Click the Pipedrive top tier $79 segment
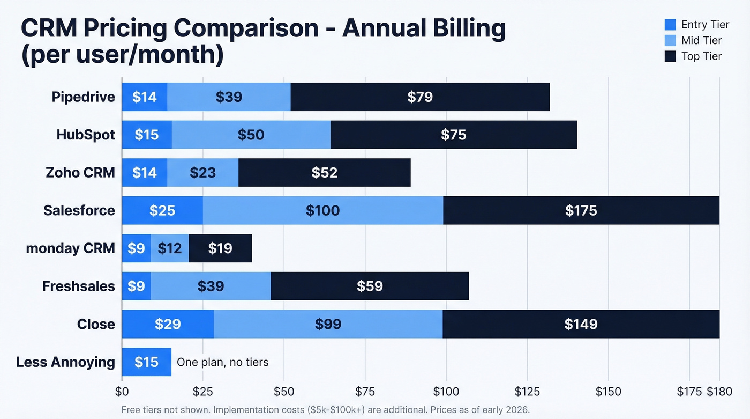pos(420,97)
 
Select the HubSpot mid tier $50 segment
pos(251,135)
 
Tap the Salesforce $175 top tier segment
pos(581,210)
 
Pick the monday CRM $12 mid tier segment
pos(169,248)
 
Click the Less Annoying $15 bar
pos(146,362)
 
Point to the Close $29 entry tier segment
pos(168,324)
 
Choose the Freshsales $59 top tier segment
pos(370,286)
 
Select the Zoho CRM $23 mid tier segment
pos(202,173)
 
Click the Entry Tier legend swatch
pos(670,24)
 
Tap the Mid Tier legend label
pos(701,40)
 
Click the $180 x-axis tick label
pos(719,392)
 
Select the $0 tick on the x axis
pos(122,392)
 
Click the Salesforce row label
pos(79,210)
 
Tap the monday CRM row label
pos(70,248)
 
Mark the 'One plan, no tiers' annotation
pos(222,362)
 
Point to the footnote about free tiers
pos(325,410)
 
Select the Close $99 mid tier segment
pos(328,324)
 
